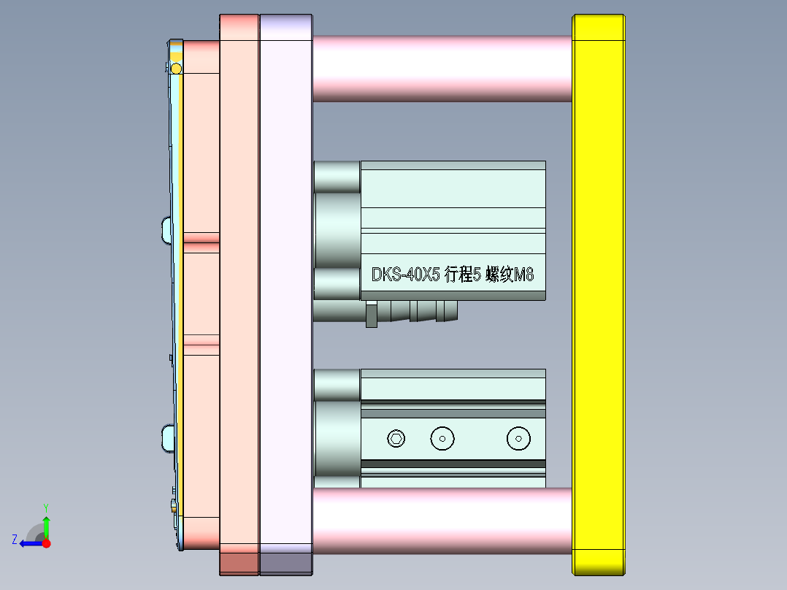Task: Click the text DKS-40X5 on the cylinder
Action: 405,275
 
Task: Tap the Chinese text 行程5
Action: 461,275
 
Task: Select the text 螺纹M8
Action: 510,275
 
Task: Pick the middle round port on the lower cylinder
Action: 442,438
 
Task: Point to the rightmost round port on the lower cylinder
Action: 518,438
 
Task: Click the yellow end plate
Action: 599,292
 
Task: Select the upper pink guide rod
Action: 442,68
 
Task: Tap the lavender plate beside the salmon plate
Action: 285,292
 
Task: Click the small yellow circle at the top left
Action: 176,69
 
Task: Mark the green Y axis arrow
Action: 46,525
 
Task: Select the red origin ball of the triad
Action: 46,543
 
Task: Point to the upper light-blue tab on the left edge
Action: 166,229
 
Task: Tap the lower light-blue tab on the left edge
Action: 166,439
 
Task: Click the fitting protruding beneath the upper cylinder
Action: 412,312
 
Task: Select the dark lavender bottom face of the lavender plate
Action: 285,563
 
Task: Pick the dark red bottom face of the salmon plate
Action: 239,563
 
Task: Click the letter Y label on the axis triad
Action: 46,507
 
